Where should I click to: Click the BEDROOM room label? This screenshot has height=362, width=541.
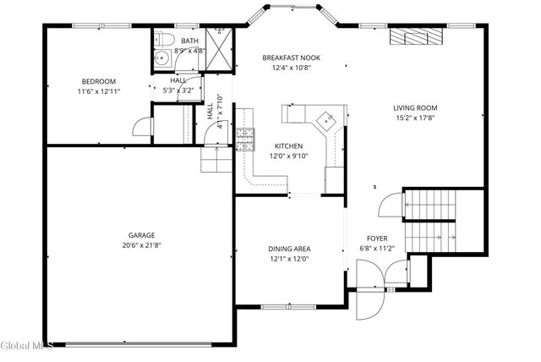tap(98, 81)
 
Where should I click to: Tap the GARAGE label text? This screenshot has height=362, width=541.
tap(141, 235)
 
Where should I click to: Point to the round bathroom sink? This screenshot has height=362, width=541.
tap(161, 59)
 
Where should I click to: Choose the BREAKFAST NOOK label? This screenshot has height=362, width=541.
tap(292, 58)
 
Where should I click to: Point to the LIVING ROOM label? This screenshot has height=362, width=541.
tap(414, 107)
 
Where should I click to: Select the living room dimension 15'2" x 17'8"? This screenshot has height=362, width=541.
tap(414, 118)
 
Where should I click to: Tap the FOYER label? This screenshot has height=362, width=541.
tap(377, 239)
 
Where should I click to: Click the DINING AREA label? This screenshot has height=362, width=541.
tap(289, 249)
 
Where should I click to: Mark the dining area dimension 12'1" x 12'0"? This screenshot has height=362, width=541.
tap(289, 259)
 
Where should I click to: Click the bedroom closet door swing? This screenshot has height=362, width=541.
tap(141, 127)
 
